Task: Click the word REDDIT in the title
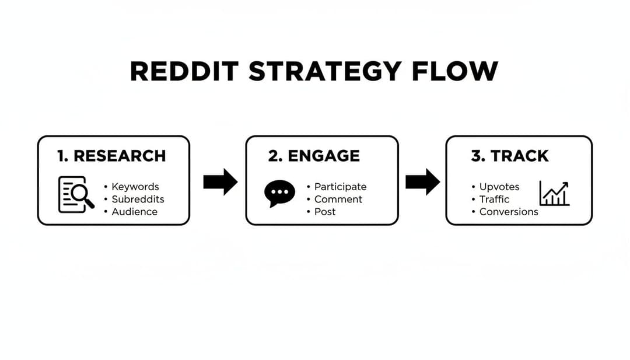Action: coord(185,72)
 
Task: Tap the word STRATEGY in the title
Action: coord(325,72)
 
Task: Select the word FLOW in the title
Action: coord(454,72)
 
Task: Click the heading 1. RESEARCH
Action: coord(111,156)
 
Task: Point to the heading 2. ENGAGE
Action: coord(314,156)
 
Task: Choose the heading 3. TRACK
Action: coord(510,156)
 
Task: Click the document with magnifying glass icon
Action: coord(76,194)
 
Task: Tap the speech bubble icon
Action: coord(279,194)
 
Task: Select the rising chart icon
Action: coord(554,194)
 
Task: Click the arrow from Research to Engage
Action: coord(220,182)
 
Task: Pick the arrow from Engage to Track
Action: coord(422,182)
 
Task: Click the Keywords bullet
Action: coord(135,187)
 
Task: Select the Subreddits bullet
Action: coord(138,199)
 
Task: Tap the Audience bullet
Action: coord(134,212)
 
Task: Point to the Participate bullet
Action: coord(340,187)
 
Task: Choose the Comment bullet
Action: coord(338,199)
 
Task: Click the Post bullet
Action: coord(325,212)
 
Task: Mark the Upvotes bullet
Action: coord(499,187)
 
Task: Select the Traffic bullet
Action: coord(494,199)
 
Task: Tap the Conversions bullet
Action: coord(508,212)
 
